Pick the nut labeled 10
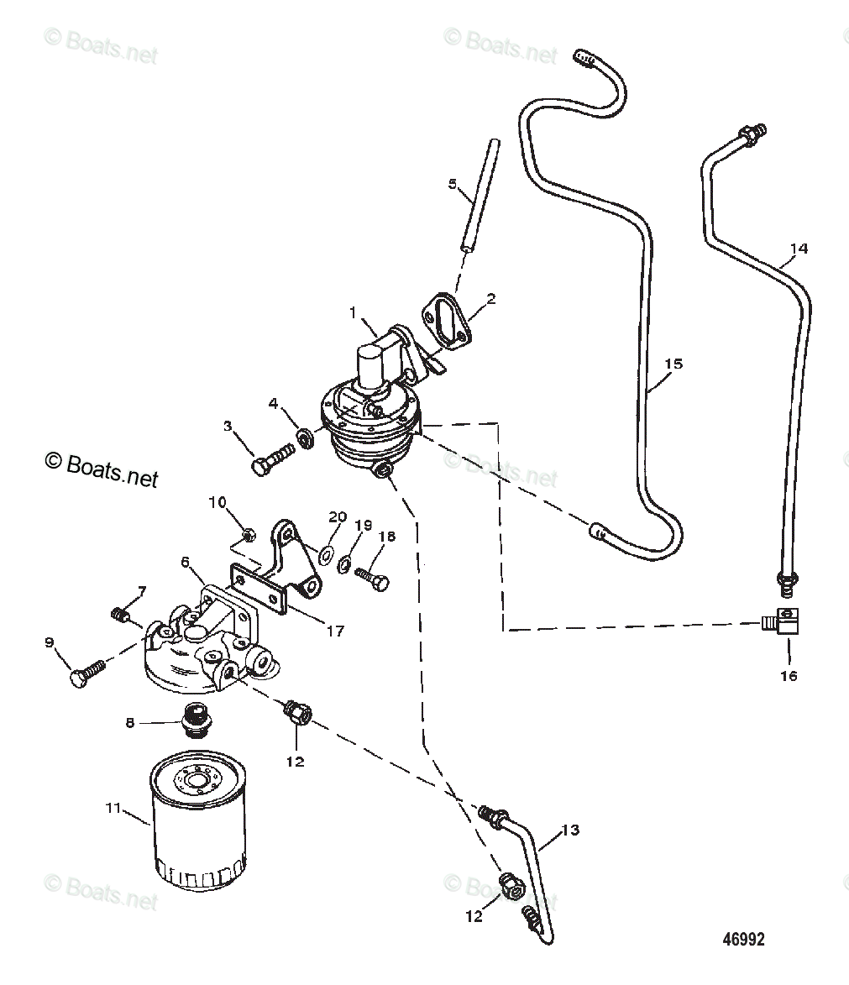247,534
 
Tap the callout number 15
673,364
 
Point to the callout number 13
569,830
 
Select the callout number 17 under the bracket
334,631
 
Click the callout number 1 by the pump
354,312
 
